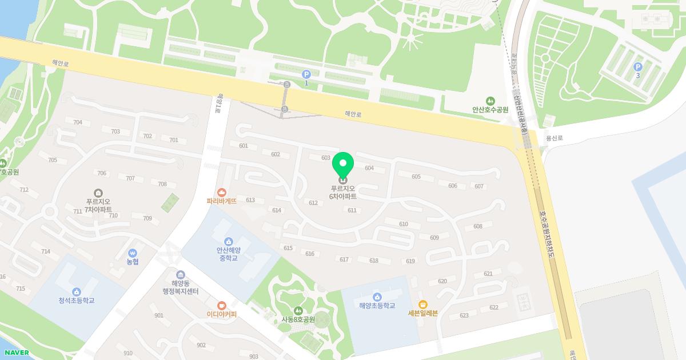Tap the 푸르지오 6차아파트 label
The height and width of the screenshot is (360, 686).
(343, 192)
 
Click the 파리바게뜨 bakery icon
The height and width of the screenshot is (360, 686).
(221, 193)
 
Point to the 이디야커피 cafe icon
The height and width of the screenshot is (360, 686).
(221, 305)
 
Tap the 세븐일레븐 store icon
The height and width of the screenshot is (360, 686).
(423, 304)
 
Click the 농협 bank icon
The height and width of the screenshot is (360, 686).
(133, 253)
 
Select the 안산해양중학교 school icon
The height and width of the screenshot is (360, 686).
(229, 241)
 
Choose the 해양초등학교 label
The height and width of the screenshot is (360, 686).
(377, 306)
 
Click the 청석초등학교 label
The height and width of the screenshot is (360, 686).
(76, 301)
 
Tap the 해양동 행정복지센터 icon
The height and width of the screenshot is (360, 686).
(181, 275)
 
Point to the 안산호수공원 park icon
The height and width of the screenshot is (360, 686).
(490, 101)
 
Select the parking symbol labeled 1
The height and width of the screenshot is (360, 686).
(306, 74)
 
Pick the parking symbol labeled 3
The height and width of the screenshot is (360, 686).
(637, 67)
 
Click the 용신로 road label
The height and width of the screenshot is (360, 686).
(554, 138)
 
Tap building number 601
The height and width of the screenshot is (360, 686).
(244, 146)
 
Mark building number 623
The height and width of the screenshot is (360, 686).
(464, 315)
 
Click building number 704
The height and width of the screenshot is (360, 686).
(78, 122)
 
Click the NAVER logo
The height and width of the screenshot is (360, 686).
(17, 353)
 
